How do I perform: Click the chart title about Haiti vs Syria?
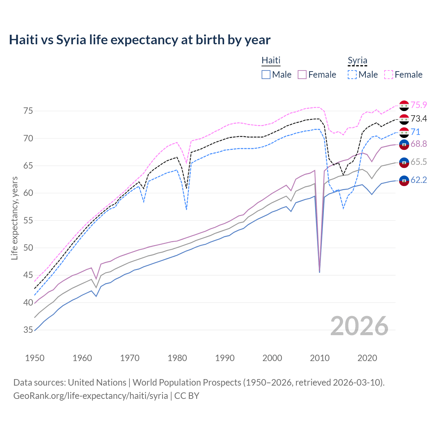[140, 40]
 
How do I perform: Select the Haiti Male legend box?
[266, 75]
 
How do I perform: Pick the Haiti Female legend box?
[302, 75]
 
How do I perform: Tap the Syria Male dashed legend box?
[352, 75]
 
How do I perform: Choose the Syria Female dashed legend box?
[389, 75]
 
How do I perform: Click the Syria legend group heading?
[357, 61]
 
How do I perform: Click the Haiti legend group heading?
[271, 60]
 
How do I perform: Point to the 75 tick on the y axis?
[28, 111]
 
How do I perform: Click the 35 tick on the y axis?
[28, 330]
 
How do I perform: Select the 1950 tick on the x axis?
[35, 358]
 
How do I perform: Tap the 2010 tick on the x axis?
[320, 358]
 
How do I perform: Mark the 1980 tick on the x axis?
[177, 358]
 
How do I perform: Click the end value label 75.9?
[419, 105]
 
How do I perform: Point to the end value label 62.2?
[419, 180]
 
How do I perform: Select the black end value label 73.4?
[419, 119]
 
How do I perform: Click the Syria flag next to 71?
[404, 132]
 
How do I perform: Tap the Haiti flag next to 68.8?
[404, 144]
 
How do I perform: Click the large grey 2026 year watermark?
[359, 326]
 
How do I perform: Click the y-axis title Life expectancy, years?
[15, 218]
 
